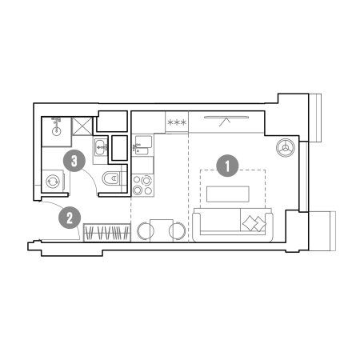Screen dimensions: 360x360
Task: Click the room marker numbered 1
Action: (x=227, y=166)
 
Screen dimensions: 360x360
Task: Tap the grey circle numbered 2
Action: (x=70, y=218)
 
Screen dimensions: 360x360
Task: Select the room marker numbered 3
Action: (x=74, y=161)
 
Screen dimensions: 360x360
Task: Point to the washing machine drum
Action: (x=53, y=182)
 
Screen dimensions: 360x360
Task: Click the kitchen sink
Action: (x=143, y=145)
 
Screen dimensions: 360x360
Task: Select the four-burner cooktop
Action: (x=142, y=186)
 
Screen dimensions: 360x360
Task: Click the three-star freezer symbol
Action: (x=177, y=122)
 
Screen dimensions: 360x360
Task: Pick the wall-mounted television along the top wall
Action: (x=226, y=117)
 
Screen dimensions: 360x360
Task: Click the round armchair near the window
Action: (x=286, y=147)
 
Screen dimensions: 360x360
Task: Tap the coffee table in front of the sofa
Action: (x=228, y=194)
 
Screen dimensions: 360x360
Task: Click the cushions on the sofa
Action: (x=254, y=223)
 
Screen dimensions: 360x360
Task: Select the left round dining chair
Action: (x=146, y=231)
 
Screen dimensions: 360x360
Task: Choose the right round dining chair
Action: (x=177, y=231)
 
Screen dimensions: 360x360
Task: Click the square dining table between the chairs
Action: (x=162, y=230)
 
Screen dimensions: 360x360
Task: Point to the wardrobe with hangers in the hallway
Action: (x=107, y=233)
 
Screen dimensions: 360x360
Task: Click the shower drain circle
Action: (x=57, y=131)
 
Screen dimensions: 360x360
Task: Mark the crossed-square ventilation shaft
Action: (x=82, y=126)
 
